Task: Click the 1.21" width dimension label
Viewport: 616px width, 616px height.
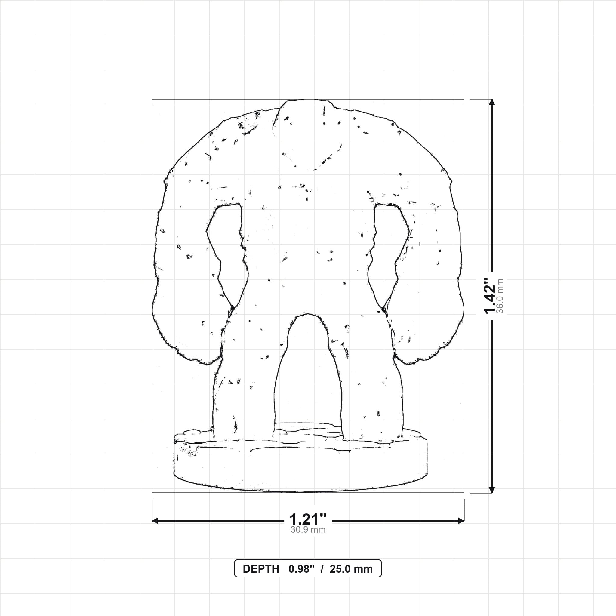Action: (x=308, y=519)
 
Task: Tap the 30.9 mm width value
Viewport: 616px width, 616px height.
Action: (x=308, y=530)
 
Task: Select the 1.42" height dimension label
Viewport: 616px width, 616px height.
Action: (x=490, y=296)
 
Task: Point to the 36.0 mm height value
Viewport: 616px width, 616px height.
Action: (x=500, y=296)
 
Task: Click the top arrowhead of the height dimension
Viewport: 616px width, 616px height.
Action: (x=492, y=102)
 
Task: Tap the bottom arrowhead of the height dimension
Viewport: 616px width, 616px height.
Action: (x=492, y=490)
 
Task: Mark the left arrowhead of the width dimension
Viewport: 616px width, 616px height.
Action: (x=155, y=521)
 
